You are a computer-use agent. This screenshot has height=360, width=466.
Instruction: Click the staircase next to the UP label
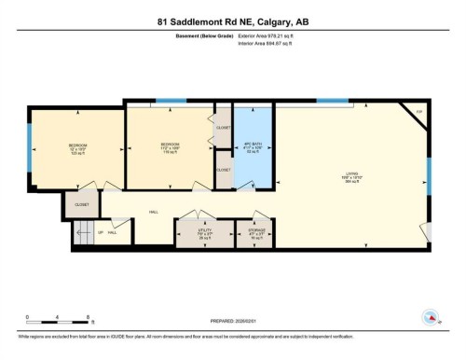click(x=84, y=235)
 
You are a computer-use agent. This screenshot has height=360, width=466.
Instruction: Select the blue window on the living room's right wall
click(x=430, y=177)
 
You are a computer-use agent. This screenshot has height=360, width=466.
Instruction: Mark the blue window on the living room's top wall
click(x=332, y=100)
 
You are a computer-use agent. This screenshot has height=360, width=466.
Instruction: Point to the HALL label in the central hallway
click(x=153, y=212)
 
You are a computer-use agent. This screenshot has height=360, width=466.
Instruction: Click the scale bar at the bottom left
click(x=58, y=318)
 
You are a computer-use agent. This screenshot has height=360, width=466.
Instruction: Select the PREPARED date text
click(x=232, y=317)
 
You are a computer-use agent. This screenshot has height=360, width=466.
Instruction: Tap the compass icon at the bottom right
click(x=432, y=316)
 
